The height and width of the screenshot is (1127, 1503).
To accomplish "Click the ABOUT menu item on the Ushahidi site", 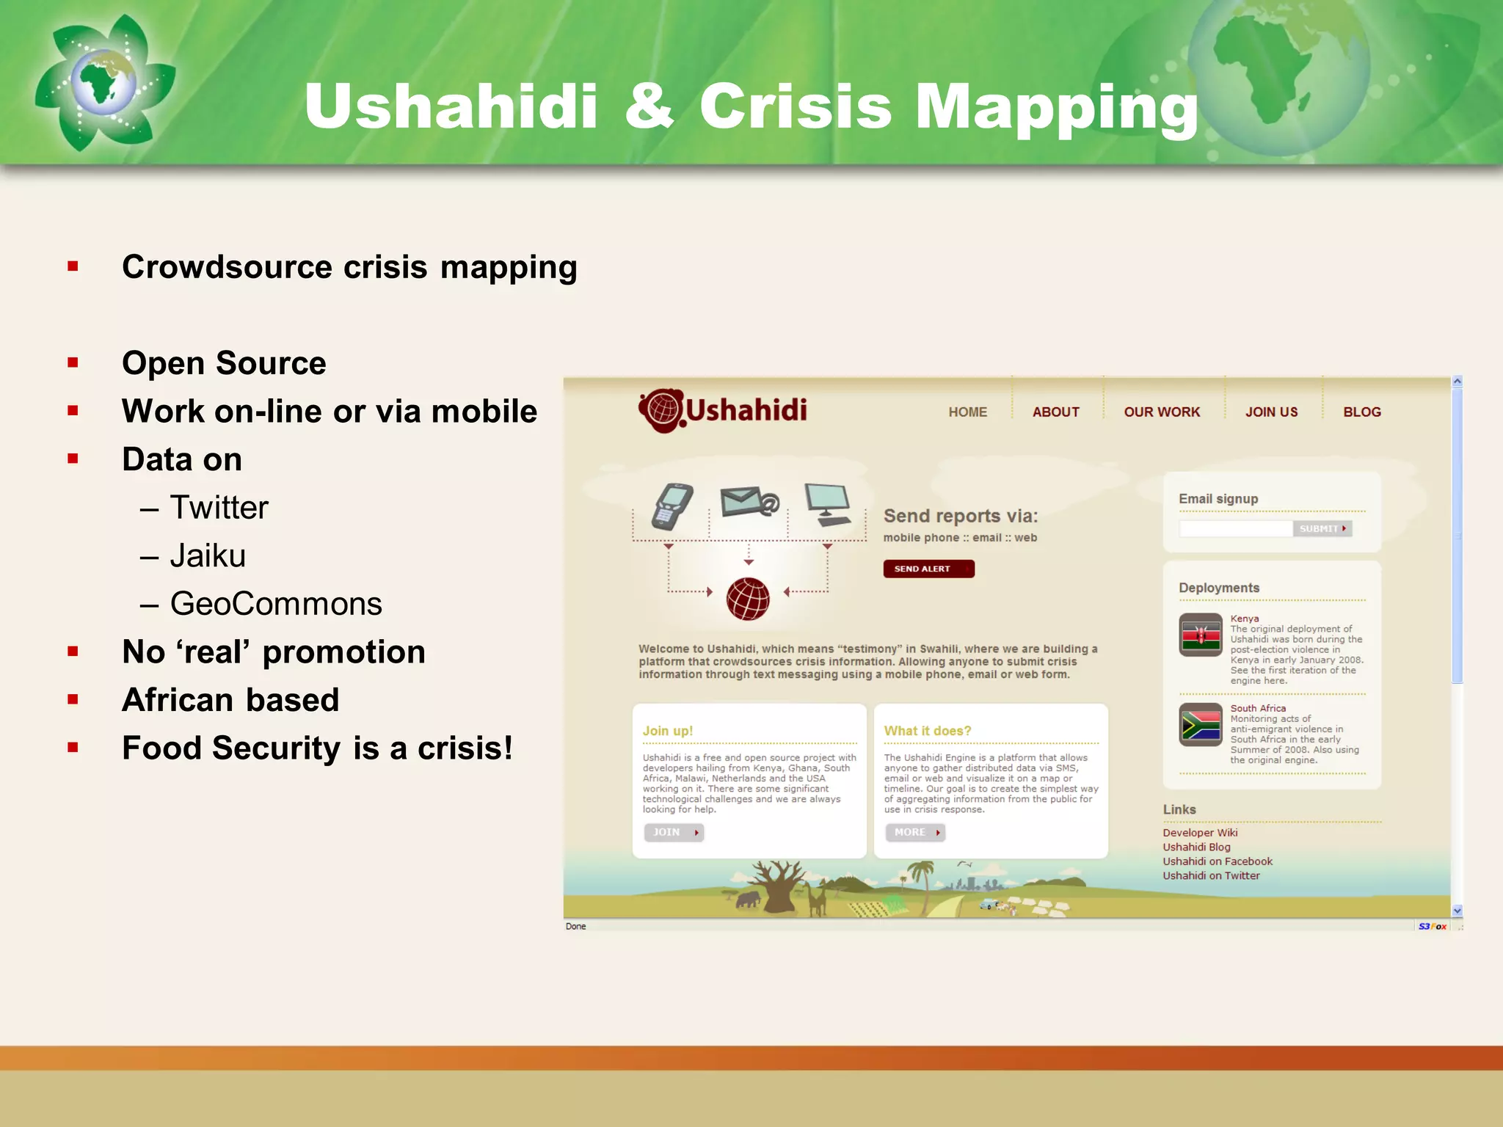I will (1055, 412).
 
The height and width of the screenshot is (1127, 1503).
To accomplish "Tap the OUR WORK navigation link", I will (1162, 412).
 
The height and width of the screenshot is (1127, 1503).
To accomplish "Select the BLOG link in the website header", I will (1361, 412).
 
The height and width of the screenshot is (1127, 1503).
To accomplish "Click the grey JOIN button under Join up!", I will (674, 832).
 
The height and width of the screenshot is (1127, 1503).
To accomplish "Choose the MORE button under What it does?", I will (915, 832).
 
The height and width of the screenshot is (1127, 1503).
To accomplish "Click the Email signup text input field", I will (1235, 528).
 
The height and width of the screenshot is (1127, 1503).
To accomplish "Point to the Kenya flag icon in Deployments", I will (1201, 634).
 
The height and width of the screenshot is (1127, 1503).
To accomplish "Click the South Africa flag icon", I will (1201, 725).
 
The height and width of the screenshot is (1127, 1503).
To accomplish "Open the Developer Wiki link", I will (1200, 832).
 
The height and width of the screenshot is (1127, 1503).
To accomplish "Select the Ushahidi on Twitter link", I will (1211, 875).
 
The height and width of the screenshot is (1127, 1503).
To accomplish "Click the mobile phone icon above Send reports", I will (672, 506).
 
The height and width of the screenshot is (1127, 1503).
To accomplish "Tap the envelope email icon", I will (749, 503).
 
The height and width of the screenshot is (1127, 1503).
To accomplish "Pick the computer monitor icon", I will (828, 503).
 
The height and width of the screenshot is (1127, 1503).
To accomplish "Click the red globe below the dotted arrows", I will (748, 599).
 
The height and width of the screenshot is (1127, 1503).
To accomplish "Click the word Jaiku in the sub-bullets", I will (208, 555).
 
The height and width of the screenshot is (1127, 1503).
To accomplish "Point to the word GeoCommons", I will (276, 604).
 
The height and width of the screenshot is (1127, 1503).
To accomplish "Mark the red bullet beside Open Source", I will (73, 362).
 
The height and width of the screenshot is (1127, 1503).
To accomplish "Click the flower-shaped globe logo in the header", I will (105, 84).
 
